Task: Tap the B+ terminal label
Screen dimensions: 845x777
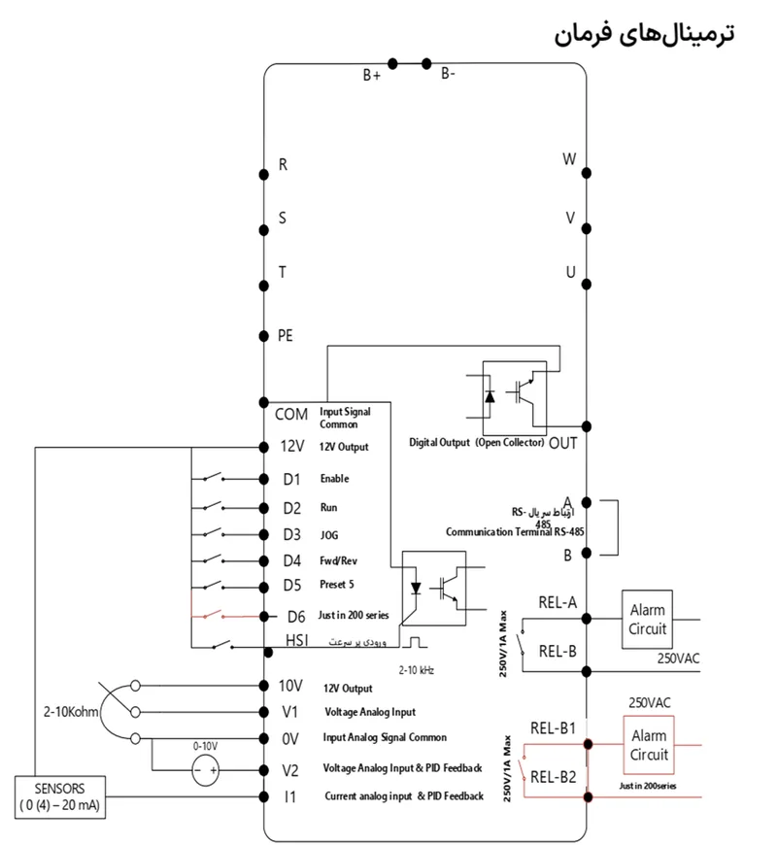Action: (372, 75)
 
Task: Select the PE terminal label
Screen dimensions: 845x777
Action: (286, 335)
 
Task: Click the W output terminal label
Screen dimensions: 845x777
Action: (570, 159)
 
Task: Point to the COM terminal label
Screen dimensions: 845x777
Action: (290, 414)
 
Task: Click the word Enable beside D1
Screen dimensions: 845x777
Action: (334, 479)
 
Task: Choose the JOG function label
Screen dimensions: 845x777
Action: (329, 535)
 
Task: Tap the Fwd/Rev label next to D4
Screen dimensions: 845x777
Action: (339, 560)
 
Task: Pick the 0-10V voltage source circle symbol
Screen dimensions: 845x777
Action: (205, 772)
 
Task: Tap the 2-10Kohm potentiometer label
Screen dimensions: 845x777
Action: (72, 711)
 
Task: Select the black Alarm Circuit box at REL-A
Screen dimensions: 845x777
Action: (647, 619)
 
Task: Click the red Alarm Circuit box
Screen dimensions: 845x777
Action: (650, 744)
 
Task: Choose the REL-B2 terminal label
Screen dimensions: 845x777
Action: (554, 776)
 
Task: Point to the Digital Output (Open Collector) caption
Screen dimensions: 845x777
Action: (477, 442)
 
